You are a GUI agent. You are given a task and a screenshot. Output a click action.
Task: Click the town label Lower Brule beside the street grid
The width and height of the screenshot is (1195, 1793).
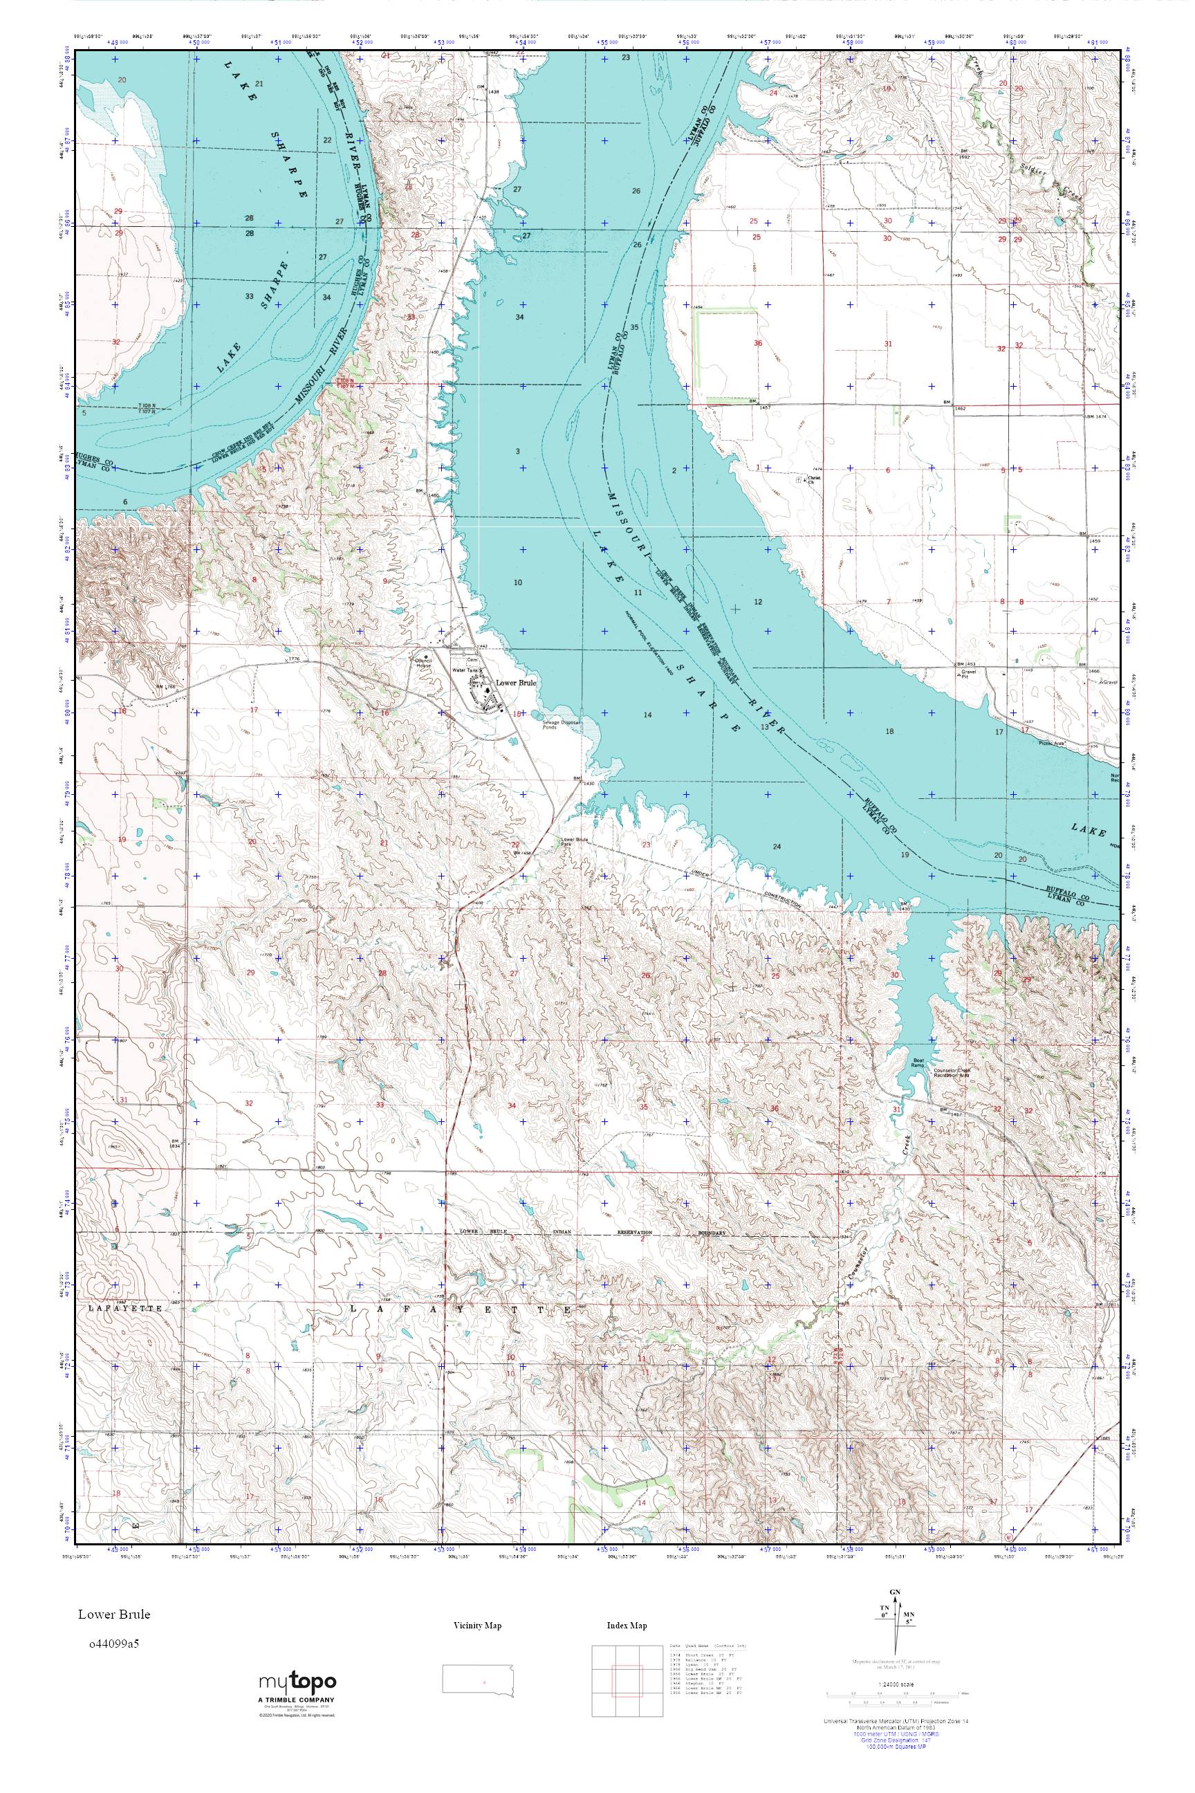[x=516, y=683]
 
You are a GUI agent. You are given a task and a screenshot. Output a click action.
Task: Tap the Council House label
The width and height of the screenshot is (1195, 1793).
[x=423, y=663]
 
